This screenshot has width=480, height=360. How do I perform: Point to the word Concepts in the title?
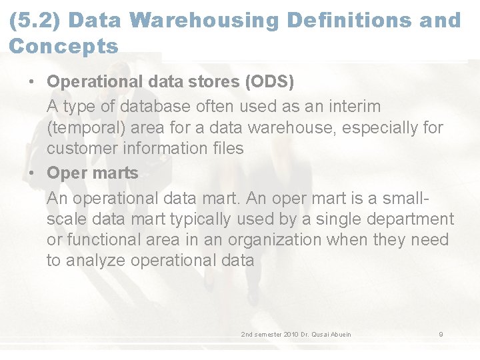[63, 47]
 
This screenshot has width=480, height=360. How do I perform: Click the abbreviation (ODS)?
[269, 82]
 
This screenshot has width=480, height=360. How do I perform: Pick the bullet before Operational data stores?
[31, 82]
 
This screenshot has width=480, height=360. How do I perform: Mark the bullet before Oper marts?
[31, 173]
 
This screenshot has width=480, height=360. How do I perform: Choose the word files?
[225, 148]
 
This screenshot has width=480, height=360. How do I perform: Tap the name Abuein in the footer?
[339, 334]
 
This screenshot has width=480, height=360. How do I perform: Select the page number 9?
[441, 334]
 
